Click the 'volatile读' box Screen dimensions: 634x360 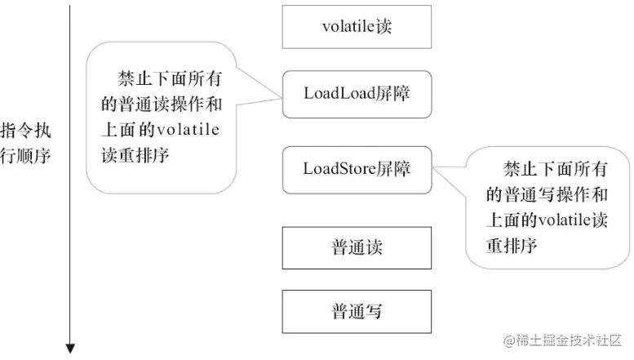[357, 27]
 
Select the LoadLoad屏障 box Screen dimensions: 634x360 [357, 94]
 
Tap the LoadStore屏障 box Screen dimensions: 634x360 [357, 170]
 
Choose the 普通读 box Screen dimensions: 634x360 [357, 247]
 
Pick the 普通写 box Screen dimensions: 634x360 [357, 312]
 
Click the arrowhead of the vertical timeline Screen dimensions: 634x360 [70, 349]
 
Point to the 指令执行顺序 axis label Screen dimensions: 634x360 [25, 143]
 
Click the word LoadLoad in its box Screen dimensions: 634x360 [339, 93]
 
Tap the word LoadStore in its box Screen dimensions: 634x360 [339, 169]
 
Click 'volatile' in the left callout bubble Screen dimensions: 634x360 [188, 130]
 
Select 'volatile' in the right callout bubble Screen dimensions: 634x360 [565, 220]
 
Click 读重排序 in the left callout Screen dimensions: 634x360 [135, 155]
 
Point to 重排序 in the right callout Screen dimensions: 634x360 [512, 246]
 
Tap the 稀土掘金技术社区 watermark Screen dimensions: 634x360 [562, 340]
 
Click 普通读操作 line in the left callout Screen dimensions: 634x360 [162, 104]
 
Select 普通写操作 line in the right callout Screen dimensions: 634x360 [547, 194]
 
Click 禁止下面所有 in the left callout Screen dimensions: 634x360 [170, 78]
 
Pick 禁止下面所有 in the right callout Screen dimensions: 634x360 [555, 169]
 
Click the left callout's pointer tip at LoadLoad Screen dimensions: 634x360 [282, 98]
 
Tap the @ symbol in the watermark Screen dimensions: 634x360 [509, 340]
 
